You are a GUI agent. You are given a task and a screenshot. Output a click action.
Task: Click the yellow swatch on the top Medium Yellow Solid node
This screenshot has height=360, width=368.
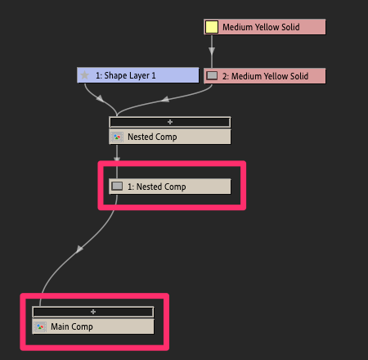click(212, 27)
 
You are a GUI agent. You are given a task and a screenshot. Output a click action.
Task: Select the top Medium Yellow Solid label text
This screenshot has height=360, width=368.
click(261, 27)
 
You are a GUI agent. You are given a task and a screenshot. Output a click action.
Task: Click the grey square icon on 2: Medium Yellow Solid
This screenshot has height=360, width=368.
click(212, 75)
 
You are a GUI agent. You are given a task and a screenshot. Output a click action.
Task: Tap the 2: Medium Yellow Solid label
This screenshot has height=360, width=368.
click(265, 76)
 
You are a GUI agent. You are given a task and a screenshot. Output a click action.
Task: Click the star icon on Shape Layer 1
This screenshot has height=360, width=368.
click(85, 75)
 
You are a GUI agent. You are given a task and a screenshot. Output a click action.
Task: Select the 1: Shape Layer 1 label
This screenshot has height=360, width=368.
click(126, 75)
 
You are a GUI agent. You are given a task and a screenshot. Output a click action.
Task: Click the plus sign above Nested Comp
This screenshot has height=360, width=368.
click(170, 122)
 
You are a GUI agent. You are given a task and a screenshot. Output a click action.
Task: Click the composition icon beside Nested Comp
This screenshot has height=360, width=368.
click(117, 137)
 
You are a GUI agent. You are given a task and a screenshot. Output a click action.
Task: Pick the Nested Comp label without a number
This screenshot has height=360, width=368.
click(152, 137)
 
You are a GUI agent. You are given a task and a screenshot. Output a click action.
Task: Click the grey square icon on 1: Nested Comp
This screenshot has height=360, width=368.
click(117, 186)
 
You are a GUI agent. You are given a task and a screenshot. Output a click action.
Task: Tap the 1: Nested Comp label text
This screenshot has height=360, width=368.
click(157, 187)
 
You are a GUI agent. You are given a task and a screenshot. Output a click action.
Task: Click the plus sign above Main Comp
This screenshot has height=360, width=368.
click(93, 312)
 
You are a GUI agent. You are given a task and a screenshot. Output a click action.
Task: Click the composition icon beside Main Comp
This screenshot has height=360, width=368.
click(40, 326)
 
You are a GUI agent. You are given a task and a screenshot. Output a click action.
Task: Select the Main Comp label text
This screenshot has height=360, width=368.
click(72, 326)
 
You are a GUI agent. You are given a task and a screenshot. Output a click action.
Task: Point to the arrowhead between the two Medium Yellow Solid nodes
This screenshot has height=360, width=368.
click(212, 51)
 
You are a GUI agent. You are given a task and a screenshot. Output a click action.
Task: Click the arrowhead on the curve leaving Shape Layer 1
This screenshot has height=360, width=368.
click(100, 98)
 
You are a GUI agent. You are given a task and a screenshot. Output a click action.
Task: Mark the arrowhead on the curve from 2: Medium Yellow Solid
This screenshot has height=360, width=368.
click(165, 99)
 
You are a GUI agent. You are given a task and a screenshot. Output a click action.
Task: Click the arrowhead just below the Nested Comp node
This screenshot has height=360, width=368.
click(117, 159)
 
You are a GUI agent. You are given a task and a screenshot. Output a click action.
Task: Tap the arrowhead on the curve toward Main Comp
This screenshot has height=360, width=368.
click(79, 249)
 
